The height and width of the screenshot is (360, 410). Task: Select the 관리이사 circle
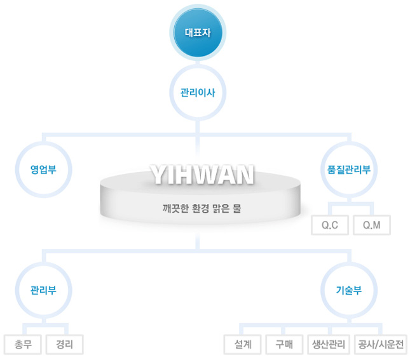click(198, 93)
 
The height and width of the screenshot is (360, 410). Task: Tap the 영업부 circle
click(43, 170)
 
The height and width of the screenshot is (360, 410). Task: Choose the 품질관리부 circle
click(349, 170)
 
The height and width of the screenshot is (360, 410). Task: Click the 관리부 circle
click(43, 291)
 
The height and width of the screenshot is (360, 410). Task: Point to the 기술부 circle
click(349, 291)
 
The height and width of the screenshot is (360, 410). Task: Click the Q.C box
click(330, 225)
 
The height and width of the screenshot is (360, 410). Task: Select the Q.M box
click(371, 225)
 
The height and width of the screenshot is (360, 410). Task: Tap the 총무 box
click(22, 345)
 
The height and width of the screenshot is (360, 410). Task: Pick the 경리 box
click(64, 345)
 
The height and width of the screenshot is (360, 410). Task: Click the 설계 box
click(243, 345)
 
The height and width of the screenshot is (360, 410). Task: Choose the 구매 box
click(284, 345)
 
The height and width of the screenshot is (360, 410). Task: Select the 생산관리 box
click(328, 345)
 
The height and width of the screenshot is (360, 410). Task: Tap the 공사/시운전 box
click(381, 345)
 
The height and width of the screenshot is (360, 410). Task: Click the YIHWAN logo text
click(202, 174)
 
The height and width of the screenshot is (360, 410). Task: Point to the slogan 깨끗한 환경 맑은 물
click(202, 208)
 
